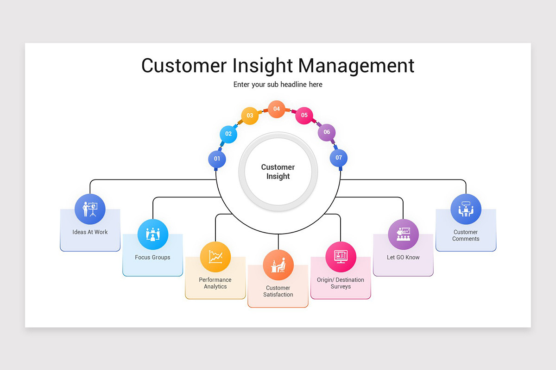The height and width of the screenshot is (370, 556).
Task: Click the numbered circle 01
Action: (x=217, y=159)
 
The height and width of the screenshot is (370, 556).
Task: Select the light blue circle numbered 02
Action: (x=228, y=134)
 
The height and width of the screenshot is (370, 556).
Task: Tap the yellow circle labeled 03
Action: (x=250, y=116)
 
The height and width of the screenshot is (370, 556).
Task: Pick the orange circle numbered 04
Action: (x=277, y=109)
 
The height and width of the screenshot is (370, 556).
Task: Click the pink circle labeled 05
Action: (x=304, y=116)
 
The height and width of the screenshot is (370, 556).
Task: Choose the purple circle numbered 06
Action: (x=327, y=132)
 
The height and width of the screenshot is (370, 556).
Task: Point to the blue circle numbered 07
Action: (x=339, y=158)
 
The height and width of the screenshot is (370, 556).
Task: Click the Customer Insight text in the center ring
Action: (x=278, y=172)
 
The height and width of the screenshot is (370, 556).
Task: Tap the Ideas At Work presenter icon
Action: (x=90, y=209)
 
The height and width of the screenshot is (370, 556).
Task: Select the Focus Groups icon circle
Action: (x=153, y=234)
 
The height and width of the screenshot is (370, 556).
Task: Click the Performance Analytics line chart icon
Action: (x=215, y=257)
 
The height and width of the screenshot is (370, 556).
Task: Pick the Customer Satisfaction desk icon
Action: (x=278, y=265)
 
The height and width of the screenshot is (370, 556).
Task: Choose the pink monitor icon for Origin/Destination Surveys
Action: (x=341, y=257)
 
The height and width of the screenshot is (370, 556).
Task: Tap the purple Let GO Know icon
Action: (x=403, y=234)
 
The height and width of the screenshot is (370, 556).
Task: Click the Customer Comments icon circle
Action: (x=466, y=209)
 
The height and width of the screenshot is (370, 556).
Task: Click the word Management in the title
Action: (x=356, y=66)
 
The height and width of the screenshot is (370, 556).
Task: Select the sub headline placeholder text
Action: (x=278, y=85)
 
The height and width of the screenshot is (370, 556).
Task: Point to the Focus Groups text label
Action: (x=152, y=258)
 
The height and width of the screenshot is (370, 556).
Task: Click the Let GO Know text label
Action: (x=403, y=258)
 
